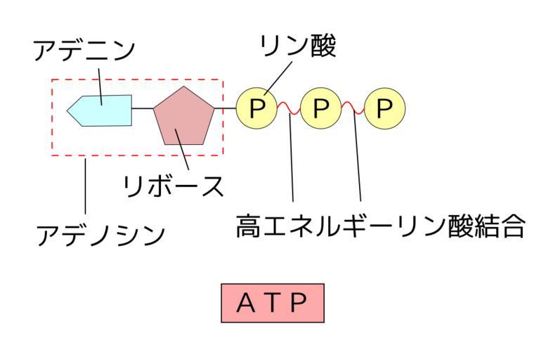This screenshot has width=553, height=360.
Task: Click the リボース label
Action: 173,186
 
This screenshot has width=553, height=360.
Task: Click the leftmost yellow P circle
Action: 257,108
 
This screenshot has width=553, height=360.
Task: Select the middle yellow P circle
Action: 320,108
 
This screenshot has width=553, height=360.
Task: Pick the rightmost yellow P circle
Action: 384,108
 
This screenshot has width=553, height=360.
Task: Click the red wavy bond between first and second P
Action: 289,108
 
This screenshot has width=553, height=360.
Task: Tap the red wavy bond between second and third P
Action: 352,108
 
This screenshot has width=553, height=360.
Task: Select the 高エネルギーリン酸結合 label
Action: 380,226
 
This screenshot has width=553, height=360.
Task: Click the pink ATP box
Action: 273,302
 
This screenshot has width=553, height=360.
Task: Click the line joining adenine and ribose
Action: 143,109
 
